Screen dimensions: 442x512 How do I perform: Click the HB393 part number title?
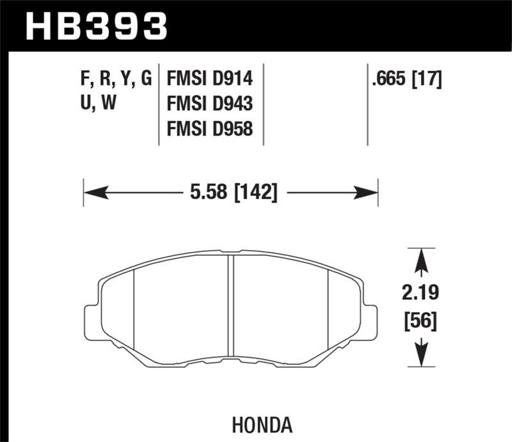pyautogui.click(x=96, y=26)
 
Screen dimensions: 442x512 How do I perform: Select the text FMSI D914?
pyautogui.click(x=210, y=79)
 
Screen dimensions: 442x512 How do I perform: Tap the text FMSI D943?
pyautogui.click(x=210, y=104)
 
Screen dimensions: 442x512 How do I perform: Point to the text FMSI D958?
pyautogui.click(x=210, y=129)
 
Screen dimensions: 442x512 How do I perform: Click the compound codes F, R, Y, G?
pyautogui.click(x=113, y=79)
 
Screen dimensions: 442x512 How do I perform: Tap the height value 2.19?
pyautogui.click(x=420, y=295)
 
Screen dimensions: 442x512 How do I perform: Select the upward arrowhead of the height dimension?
pyautogui.click(x=420, y=259)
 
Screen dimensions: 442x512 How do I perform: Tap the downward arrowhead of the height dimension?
pyautogui.click(x=420, y=355)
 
